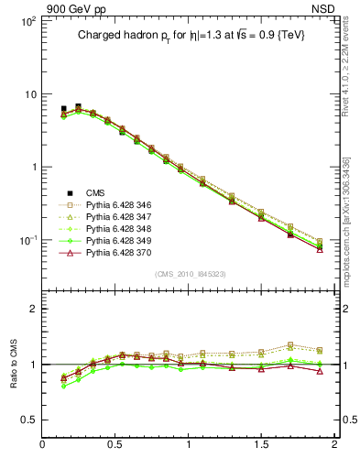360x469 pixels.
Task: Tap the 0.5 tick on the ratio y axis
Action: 29,420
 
